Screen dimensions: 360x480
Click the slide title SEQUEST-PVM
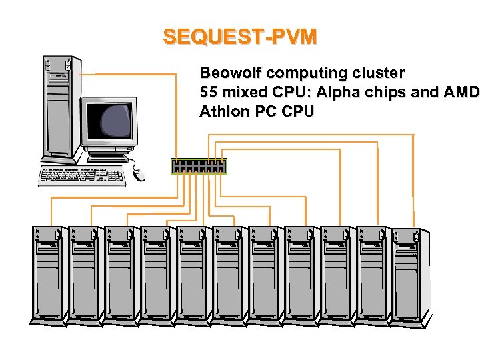pos(240,37)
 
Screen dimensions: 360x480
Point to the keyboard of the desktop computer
pos(83,175)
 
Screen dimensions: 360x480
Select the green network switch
pos(199,167)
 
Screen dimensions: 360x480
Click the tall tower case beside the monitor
pos(59,107)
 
